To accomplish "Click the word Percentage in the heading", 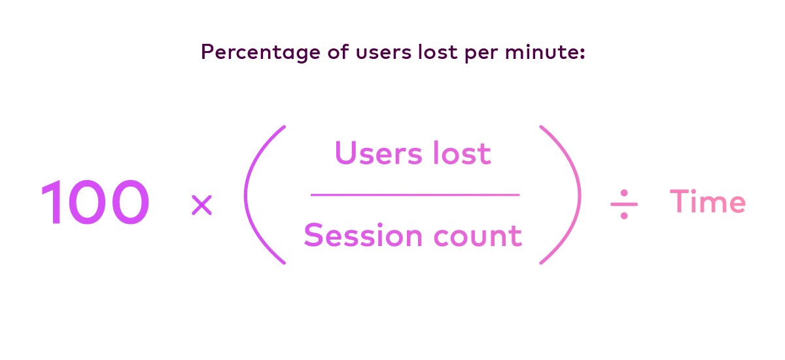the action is (261, 52).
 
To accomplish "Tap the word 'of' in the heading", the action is (338, 52).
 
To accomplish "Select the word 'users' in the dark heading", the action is (384, 53).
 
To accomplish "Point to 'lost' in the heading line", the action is (438, 52).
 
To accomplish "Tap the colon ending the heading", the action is (582, 53).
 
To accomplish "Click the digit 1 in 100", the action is (52, 202).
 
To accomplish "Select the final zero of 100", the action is (130, 202).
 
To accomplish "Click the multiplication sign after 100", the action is (202, 205).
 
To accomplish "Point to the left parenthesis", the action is (247, 194).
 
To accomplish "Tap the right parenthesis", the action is (578, 194).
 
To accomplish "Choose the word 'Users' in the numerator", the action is (379, 153).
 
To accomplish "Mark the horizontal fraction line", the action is (415, 194).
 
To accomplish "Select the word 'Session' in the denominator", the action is (363, 235).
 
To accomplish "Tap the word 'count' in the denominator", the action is (478, 236).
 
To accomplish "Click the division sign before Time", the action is (624, 204).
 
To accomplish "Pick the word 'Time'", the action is (708, 201).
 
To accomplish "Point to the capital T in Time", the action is (680, 201).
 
